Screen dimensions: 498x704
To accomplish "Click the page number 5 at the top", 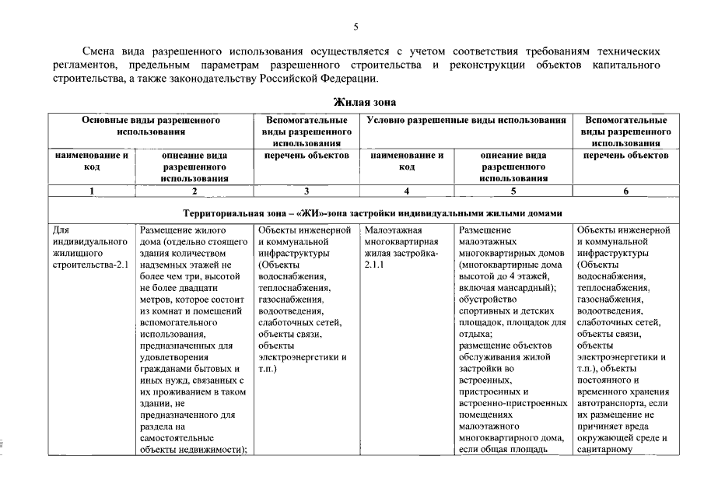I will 356,27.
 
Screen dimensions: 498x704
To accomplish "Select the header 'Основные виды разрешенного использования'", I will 152,126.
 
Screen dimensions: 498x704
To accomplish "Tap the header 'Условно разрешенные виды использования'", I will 465,121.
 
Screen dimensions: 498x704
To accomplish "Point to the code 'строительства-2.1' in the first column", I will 91,265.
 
